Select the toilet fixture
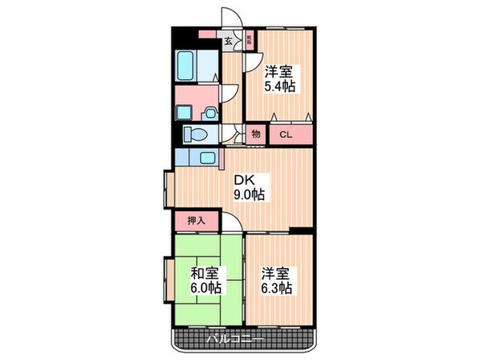click(197, 133)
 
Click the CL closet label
click(286, 135)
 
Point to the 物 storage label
click(256, 134)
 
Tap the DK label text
click(244, 180)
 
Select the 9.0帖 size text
click(250, 194)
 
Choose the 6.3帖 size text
click(277, 287)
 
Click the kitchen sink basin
click(206, 157)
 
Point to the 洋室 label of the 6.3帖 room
click(276, 273)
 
